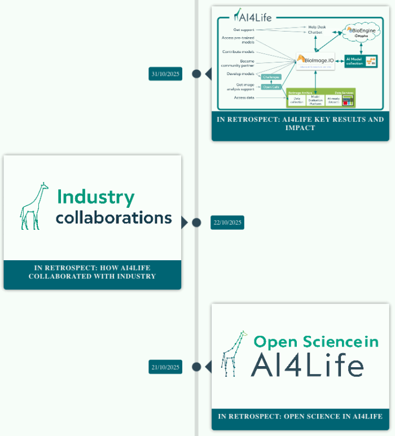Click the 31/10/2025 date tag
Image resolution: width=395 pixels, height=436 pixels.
coord(166,74)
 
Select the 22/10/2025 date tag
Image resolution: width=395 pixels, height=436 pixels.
coord(227,223)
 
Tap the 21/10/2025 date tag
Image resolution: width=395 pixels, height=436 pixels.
coord(166,367)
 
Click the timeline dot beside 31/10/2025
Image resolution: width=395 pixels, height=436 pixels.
coord(196,74)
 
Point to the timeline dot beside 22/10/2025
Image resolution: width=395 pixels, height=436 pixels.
coord(196,223)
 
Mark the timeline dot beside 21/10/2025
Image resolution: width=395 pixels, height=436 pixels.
coord(196,367)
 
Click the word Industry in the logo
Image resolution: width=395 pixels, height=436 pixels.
coord(95,197)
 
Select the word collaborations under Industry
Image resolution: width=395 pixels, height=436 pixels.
coord(113,217)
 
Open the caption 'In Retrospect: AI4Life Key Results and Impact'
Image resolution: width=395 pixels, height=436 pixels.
coord(300,123)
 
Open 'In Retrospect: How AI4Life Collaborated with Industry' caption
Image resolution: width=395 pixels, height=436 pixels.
coord(93,272)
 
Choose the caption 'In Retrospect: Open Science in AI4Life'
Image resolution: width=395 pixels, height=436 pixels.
coord(300,416)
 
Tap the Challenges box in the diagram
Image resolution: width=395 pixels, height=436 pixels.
coord(271,77)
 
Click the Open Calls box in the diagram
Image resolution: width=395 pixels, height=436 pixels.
coord(271,87)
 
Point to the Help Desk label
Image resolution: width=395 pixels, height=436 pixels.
coord(317,26)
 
